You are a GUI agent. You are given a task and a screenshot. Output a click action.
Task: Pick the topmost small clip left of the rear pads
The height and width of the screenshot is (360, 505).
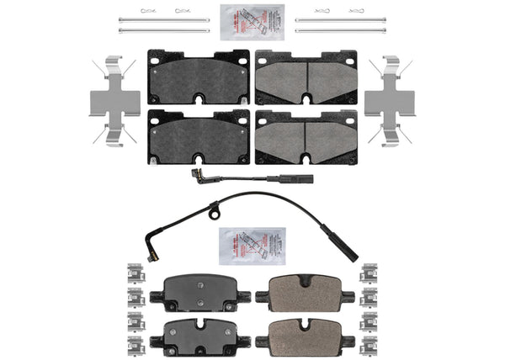133,271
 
